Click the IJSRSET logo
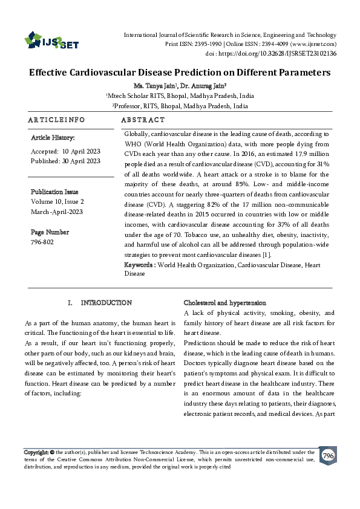pyautogui.click(x=51, y=41)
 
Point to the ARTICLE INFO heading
pyautogui.click(x=56, y=120)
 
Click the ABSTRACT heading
pyautogui.click(x=143, y=120)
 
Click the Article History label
pyautogui.click(x=53, y=138)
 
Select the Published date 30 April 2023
pyautogui.click(x=81, y=161)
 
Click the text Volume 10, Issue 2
pyautogui.click(x=57, y=201)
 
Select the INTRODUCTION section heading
pyautogui.click(x=106, y=302)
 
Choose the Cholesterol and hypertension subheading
pyautogui.click(x=224, y=302)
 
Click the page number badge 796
pyautogui.click(x=328, y=455)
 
